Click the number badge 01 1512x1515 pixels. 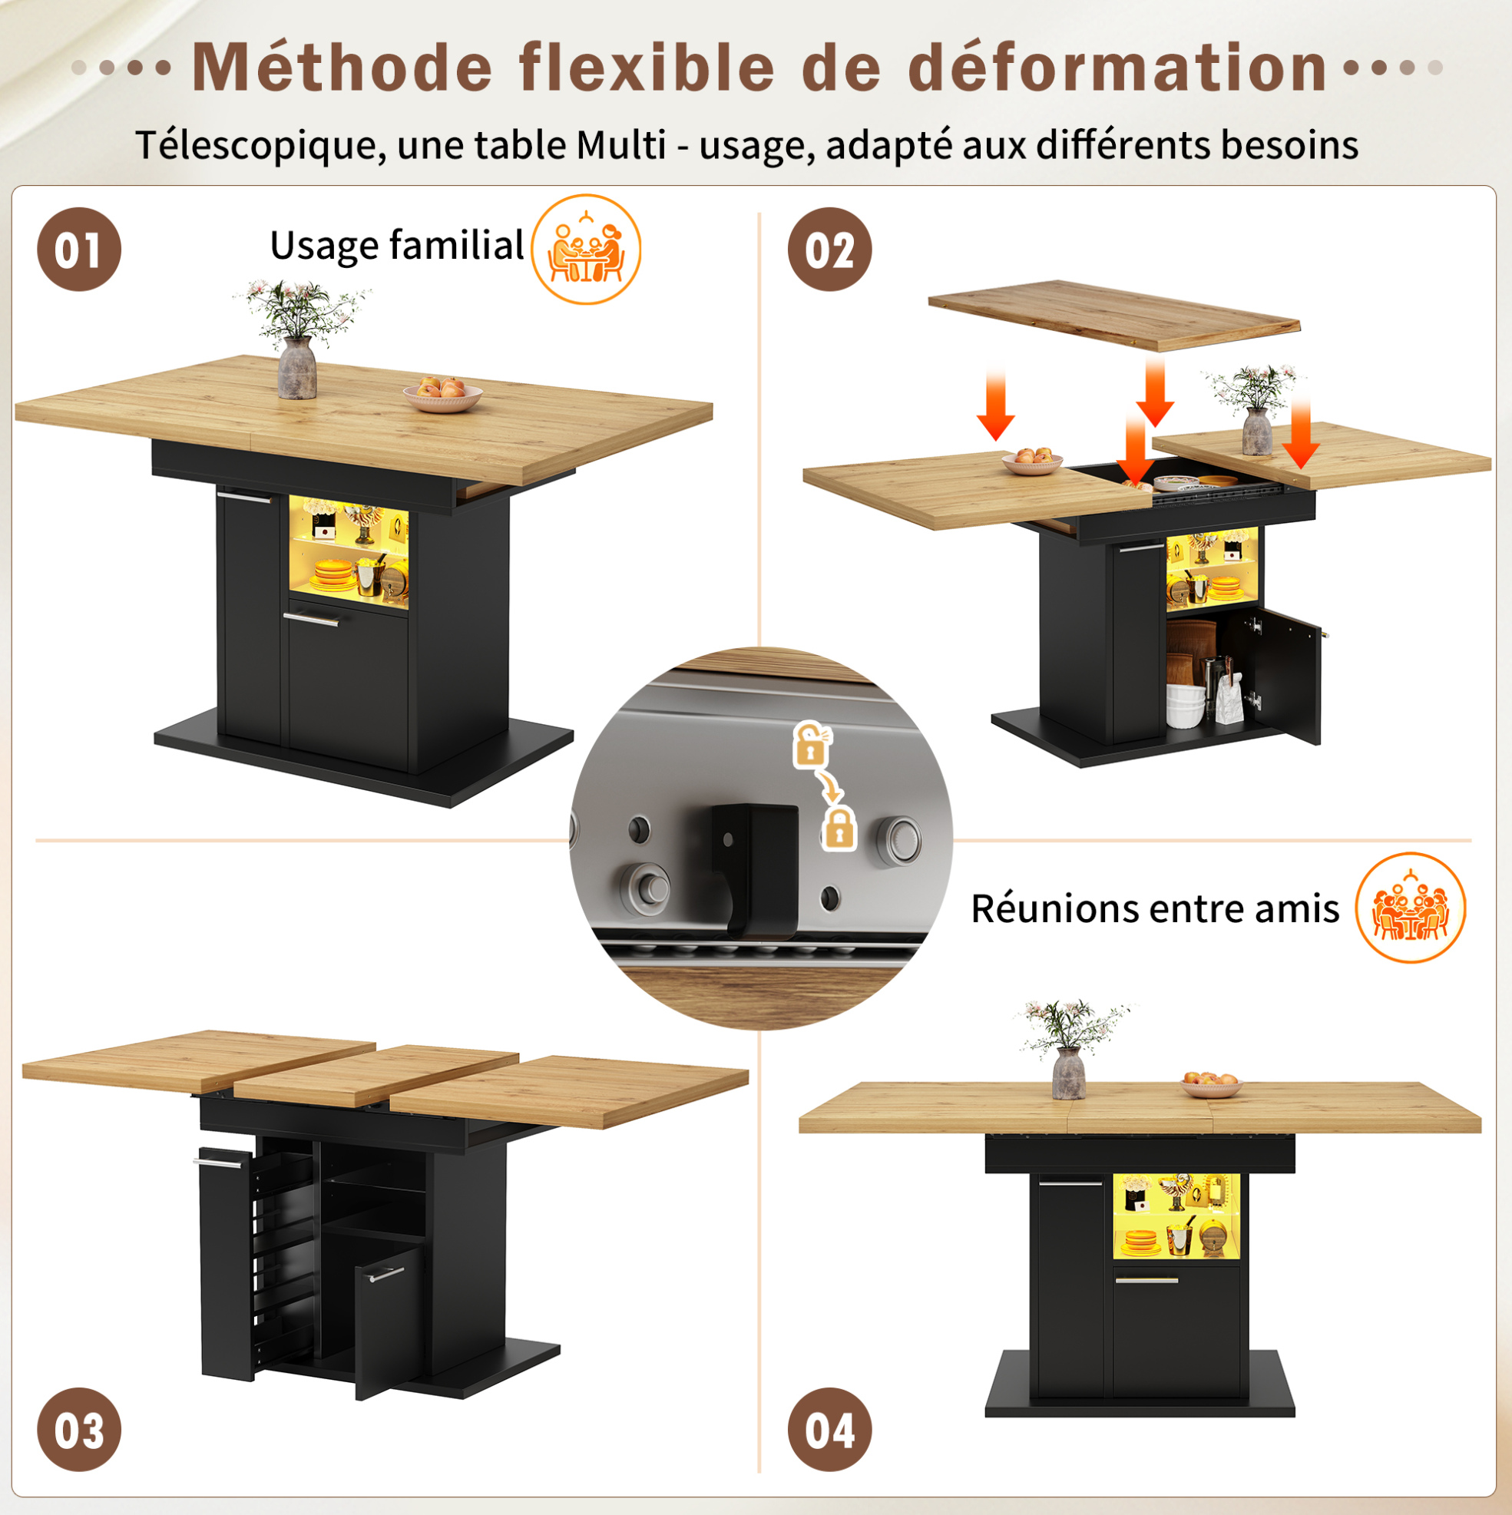[x=79, y=250]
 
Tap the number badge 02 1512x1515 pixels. [x=829, y=250]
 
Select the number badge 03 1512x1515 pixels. [x=79, y=1429]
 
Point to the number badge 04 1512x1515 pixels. [x=829, y=1429]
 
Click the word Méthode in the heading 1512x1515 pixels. [x=342, y=67]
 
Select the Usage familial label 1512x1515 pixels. [x=397, y=246]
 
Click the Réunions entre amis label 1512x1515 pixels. [x=1154, y=908]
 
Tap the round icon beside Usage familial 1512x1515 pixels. [x=586, y=250]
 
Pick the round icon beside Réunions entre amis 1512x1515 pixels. [x=1410, y=908]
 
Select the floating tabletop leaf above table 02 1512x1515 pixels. [x=1113, y=315]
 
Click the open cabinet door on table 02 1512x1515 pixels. [x=1286, y=674]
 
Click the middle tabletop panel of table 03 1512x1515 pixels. [x=376, y=1074]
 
